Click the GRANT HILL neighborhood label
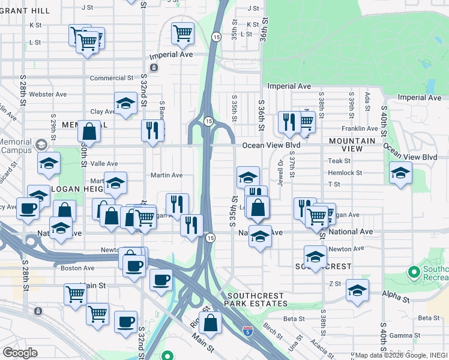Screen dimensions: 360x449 pyautogui.click(x=25, y=11)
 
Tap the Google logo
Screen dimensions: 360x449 pyautogui.click(x=20, y=353)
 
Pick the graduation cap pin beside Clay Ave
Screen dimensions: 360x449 pyautogui.click(x=125, y=103)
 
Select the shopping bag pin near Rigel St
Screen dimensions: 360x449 pyautogui.click(x=211, y=322)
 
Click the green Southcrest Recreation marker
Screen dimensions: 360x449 pyautogui.click(x=414, y=272)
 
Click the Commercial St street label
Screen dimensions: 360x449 pyautogui.click(x=111, y=78)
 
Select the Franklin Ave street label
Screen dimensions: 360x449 pyautogui.click(x=360, y=128)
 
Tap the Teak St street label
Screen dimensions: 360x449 pyautogui.click(x=339, y=161)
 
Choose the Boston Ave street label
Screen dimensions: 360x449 pyautogui.click(x=77, y=268)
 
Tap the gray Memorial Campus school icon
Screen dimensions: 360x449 pyautogui.click(x=41, y=145)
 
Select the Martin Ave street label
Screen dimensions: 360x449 pyautogui.click(x=166, y=175)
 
